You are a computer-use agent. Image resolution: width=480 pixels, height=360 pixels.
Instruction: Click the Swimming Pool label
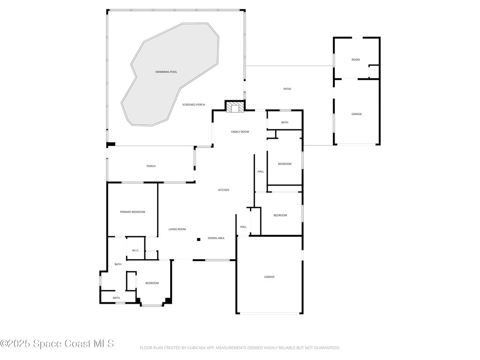(x=166, y=72)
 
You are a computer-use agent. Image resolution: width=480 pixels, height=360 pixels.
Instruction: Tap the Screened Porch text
(x=194, y=105)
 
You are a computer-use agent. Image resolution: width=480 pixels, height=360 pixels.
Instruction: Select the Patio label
(x=287, y=89)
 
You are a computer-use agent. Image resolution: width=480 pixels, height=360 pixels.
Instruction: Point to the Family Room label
(x=240, y=132)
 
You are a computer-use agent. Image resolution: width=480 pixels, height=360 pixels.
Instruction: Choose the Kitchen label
(x=224, y=190)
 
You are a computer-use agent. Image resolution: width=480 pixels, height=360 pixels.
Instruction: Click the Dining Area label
(x=216, y=238)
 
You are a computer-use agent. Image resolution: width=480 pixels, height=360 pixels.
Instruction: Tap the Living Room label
(x=177, y=229)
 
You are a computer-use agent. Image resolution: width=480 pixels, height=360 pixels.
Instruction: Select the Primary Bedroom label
(x=132, y=212)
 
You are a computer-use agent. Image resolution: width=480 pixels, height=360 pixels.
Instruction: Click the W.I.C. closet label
(x=135, y=250)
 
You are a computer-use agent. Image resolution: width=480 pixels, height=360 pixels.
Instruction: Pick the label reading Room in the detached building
(x=356, y=60)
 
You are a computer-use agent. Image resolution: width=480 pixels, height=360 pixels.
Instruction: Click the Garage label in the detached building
(x=357, y=114)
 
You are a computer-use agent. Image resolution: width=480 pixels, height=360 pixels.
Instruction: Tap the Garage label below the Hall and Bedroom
(x=269, y=277)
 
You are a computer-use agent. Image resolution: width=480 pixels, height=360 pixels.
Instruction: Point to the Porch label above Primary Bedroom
(x=151, y=166)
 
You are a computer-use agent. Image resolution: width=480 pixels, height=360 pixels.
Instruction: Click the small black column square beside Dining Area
(x=198, y=240)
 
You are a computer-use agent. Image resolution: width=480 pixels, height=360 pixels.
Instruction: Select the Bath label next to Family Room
(x=285, y=122)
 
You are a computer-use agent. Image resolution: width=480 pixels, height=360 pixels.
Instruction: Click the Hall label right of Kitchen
(x=261, y=172)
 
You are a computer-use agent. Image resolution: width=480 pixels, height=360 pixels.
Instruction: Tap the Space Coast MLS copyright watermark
(x=57, y=344)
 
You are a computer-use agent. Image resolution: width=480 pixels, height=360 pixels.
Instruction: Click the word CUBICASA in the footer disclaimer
(x=192, y=348)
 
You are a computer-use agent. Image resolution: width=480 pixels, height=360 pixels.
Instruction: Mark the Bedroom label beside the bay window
(x=152, y=283)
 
